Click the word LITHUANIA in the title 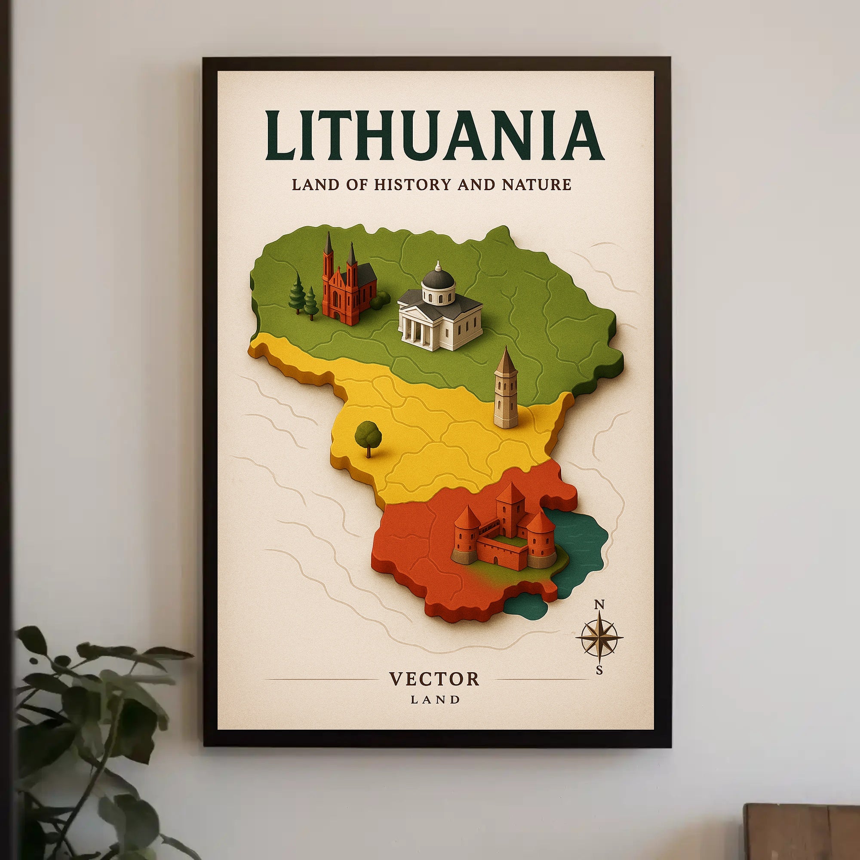pos(434,136)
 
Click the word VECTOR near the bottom pos(434,679)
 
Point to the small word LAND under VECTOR pos(435,700)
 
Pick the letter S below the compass pos(599,670)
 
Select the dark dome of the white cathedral pos(438,278)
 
